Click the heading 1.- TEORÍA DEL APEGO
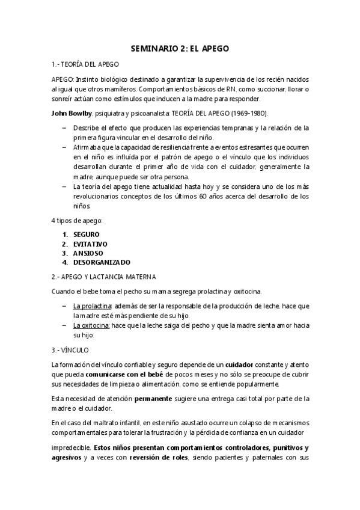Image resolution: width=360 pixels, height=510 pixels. click(85, 64)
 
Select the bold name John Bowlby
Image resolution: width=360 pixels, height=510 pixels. click(72, 112)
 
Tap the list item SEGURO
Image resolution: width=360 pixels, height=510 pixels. click(87, 233)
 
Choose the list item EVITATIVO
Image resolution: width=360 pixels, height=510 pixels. click(90, 243)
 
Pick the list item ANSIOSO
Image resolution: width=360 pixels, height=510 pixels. click(88, 253)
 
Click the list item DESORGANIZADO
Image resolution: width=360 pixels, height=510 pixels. click(102, 262)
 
